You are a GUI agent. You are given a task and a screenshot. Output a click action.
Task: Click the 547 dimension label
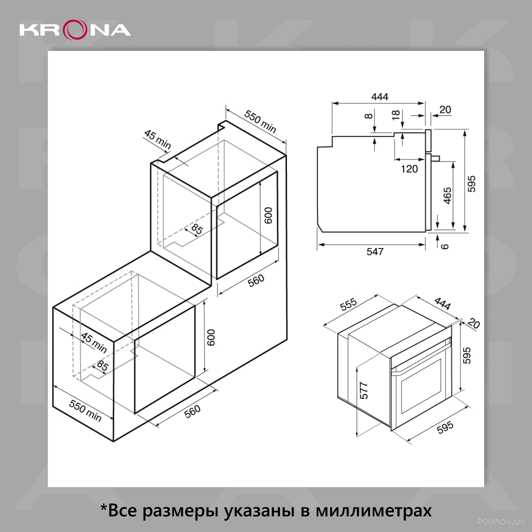click(x=375, y=252)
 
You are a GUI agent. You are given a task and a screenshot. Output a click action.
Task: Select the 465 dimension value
click(x=448, y=196)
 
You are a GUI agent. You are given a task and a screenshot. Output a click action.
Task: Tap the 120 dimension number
click(x=409, y=169)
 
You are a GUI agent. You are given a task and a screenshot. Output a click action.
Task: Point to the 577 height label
click(x=364, y=391)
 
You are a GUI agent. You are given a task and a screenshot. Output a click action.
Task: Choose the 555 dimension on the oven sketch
click(x=348, y=304)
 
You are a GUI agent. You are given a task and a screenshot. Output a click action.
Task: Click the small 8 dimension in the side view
click(x=368, y=116)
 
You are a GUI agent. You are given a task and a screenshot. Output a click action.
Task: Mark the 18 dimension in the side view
click(x=396, y=115)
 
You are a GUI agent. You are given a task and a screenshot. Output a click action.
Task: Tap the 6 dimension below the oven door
click(x=445, y=246)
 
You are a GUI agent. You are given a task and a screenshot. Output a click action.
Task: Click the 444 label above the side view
click(x=380, y=97)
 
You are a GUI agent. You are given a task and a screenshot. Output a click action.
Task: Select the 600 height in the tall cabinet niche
click(x=268, y=215)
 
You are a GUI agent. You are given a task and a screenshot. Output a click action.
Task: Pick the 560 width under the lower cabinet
click(x=193, y=411)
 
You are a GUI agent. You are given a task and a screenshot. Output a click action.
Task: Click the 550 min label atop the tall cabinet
click(x=260, y=121)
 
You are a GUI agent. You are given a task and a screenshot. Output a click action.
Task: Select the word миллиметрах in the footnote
click(x=374, y=510)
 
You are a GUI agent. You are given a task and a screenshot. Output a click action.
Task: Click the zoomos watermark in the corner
click(x=501, y=522)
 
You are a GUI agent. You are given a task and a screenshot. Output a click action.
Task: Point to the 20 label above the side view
click(x=445, y=110)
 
